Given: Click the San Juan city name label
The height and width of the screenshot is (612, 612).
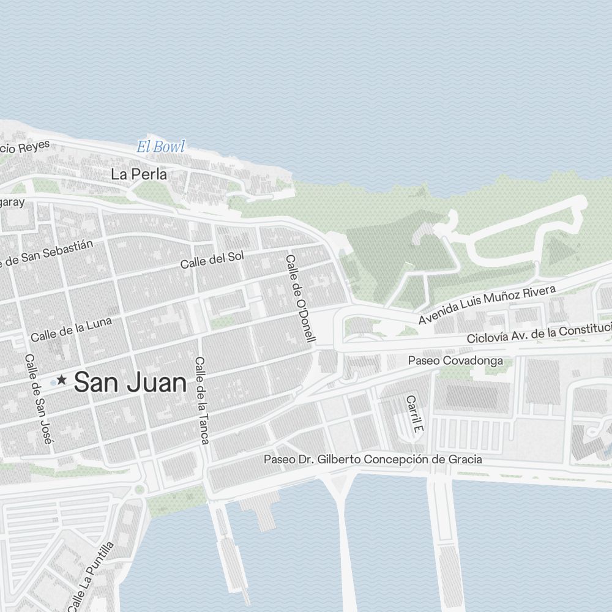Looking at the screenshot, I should click(130, 383).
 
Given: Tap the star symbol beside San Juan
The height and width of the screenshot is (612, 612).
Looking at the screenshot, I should click(62, 380).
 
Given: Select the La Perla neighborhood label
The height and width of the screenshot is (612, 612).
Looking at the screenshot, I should click(138, 174).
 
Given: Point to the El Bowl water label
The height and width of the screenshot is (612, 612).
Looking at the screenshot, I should click(160, 147).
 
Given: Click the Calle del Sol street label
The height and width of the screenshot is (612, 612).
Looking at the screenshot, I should click(212, 259).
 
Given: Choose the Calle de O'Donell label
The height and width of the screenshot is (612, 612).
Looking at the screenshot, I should click(300, 298).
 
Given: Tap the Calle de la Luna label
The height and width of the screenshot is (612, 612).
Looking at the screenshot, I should click(71, 329).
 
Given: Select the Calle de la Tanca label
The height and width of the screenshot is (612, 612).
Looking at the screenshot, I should click(202, 400).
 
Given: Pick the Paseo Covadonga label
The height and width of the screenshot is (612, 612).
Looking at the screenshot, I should click(455, 360).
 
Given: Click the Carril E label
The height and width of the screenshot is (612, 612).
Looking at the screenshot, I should click(414, 414).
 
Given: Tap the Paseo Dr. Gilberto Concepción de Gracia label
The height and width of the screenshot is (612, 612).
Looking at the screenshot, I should click(372, 459).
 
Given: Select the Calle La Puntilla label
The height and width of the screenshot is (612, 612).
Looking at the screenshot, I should click(91, 577).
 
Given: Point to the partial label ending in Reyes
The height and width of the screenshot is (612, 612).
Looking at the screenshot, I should click(24, 148).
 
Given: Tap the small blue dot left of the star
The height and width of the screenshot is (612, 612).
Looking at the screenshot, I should click(53, 382).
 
